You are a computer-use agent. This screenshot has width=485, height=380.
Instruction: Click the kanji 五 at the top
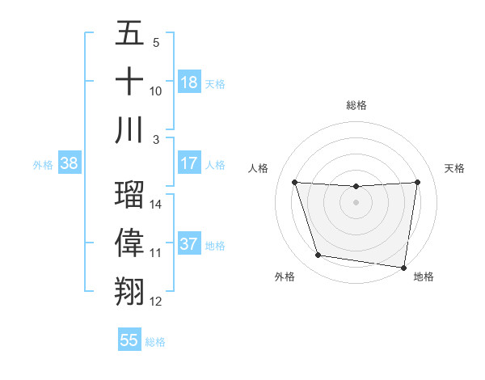pos(129,34)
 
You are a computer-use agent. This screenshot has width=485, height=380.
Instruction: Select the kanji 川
pos(129,130)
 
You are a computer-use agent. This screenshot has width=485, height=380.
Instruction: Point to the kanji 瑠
pos(129,195)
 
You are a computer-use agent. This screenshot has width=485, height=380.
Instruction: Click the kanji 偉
pos(129,243)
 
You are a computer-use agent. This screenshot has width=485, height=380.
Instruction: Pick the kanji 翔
pos(129,292)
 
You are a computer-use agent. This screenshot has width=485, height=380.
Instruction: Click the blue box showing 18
pos(189,82)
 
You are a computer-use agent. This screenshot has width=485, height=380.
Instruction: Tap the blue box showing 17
pos(189,163)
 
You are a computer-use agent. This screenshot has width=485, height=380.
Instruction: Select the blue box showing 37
pos(189,244)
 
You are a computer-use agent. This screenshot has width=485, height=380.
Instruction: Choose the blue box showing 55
pos(129,340)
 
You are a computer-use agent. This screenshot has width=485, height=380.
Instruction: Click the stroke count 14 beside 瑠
pos(156,205)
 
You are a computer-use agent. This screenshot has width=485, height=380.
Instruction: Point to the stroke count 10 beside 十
pos(156,91)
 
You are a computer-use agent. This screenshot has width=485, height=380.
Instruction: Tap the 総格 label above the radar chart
pos(356,105)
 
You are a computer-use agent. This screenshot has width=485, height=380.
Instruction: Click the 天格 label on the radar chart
pos(455,168)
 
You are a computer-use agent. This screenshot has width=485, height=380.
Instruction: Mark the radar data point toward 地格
pos(404,267)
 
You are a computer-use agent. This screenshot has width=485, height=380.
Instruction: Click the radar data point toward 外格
pos(318,255)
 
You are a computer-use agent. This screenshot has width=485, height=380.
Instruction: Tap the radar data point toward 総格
pos(356,187)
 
